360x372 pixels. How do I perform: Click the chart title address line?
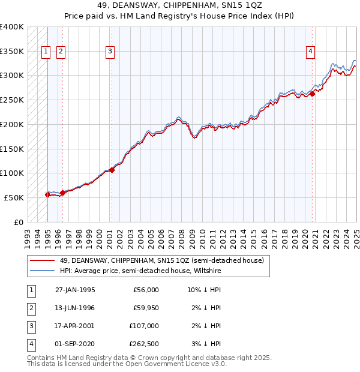click(x=180, y=7)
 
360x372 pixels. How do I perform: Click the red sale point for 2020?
click(x=313, y=94)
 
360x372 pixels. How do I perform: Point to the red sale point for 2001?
click(x=112, y=170)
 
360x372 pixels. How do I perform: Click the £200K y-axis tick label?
click(x=12, y=124)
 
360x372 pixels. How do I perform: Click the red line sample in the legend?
click(x=42, y=261)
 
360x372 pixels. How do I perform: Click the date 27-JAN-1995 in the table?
click(x=75, y=290)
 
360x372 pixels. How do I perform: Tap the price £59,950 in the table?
click(x=146, y=308)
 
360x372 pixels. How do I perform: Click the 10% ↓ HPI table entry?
click(x=204, y=290)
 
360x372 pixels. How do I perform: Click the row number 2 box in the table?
click(x=31, y=308)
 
